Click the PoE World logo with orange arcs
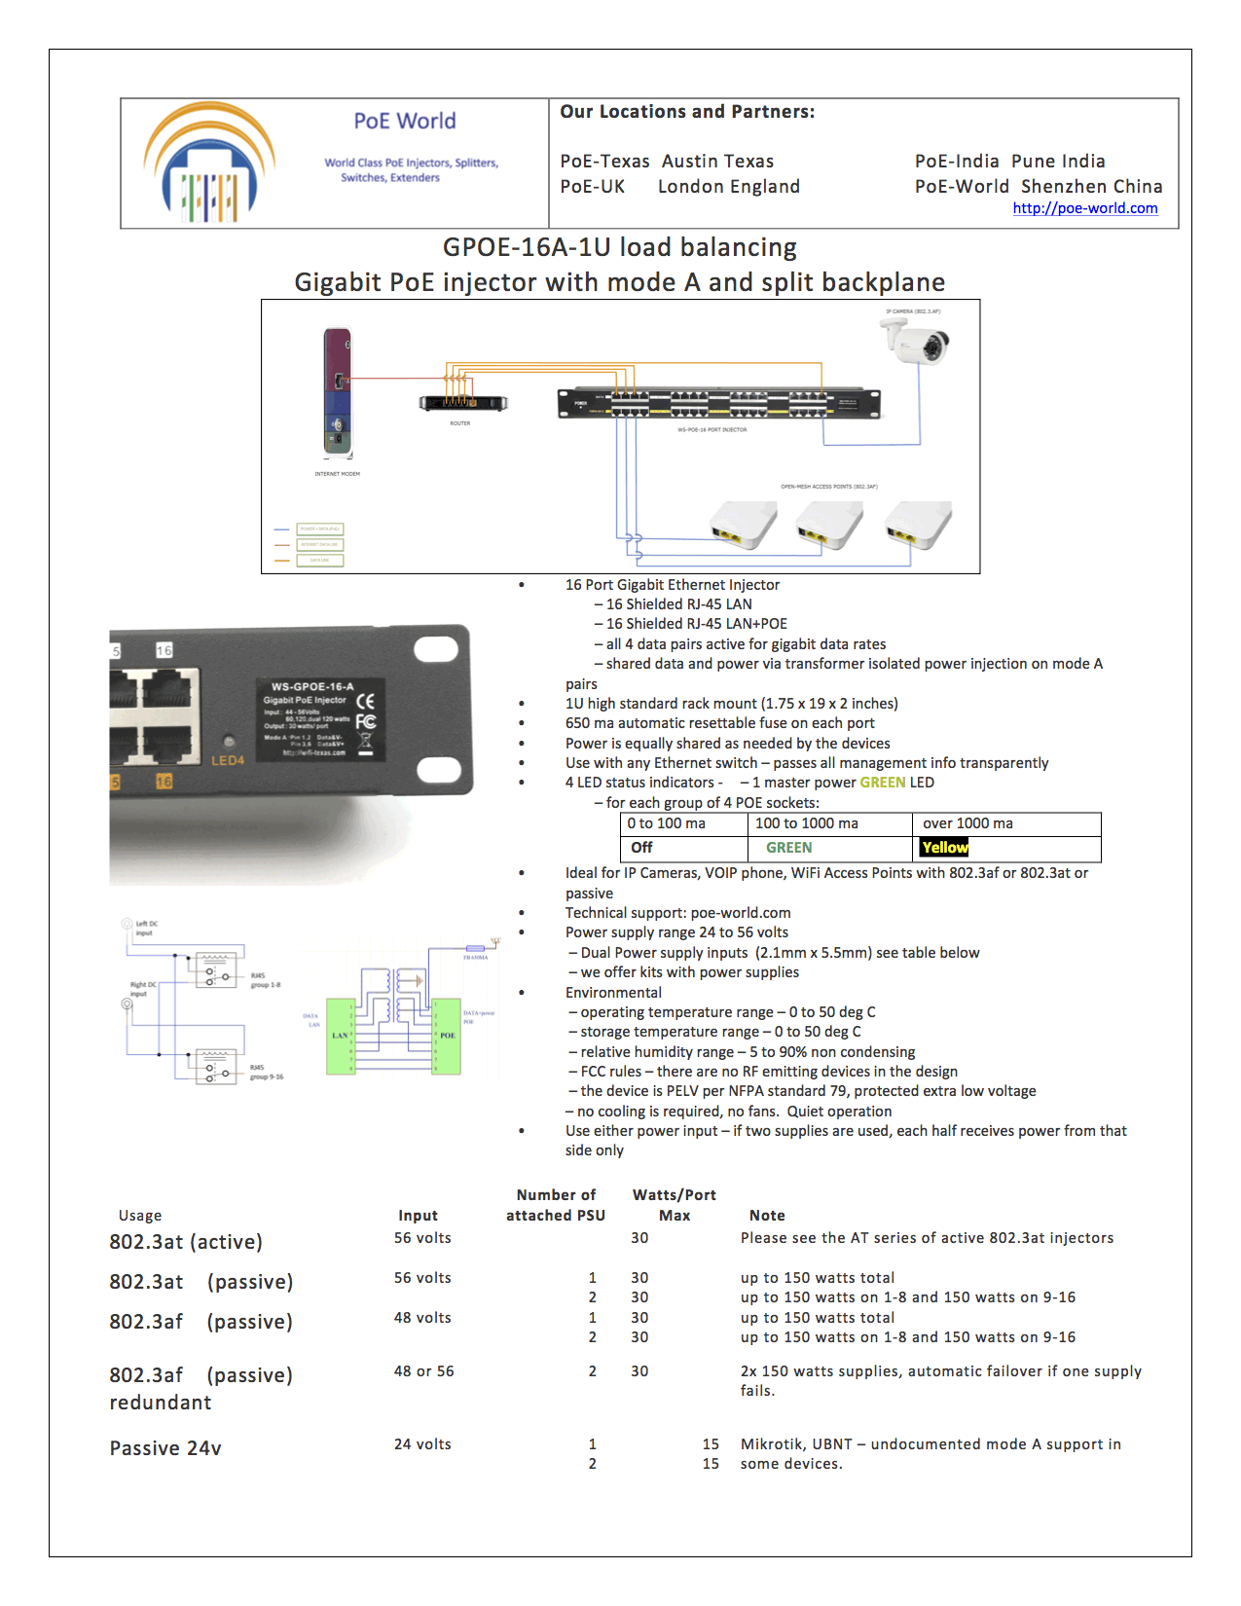click(x=208, y=162)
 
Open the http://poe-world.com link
click(x=1084, y=208)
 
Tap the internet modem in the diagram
click(x=337, y=392)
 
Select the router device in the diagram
click(x=463, y=402)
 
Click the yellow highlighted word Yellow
click(x=944, y=848)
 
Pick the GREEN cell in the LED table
click(x=788, y=848)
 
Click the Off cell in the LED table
click(x=641, y=848)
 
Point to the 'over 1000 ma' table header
click(x=967, y=823)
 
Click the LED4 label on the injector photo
click(x=228, y=760)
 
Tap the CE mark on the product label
click(x=366, y=701)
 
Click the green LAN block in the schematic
click(x=340, y=1036)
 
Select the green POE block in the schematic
click(x=448, y=1036)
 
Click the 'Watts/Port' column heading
click(x=674, y=1195)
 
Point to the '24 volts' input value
click(x=422, y=1444)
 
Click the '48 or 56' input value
click(x=423, y=1371)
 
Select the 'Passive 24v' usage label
click(x=165, y=1448)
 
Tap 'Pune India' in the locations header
click(x=1058, y=162)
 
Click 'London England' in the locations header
click(x=729, y=187)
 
